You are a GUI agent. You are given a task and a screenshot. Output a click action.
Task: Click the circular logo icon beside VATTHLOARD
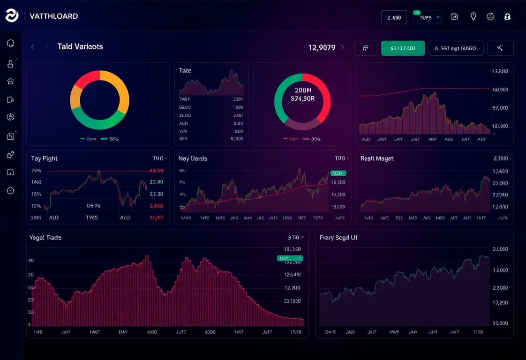(x=12, y=15)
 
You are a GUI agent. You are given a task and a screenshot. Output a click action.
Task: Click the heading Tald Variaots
(x=80, y=47)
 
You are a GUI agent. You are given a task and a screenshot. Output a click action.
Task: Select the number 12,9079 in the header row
(x=322, y=47)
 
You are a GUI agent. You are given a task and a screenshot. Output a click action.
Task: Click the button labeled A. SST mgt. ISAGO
(x=456, y=48)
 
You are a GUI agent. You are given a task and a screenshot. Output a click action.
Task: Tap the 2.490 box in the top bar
(x=394, y=17)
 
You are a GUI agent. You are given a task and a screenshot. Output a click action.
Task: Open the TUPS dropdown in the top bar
(x=427, y=17)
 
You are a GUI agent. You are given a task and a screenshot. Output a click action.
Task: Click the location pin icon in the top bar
(x=473, y=16)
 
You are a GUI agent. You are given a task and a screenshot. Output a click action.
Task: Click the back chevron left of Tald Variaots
(x=33, y=47)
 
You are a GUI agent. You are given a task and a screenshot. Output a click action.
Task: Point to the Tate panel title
(x=185, y=70)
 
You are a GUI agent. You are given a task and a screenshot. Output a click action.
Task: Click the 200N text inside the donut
(x=302, y=90)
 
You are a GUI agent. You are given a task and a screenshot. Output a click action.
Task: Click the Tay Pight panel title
(x=45, y=158)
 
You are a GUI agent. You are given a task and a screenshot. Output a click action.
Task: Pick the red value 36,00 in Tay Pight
(x=156, y=171)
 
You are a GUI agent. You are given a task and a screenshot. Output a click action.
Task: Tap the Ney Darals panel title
(x=193, y=158)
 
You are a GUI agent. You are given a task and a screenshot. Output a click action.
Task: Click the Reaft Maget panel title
(x=377, y=158)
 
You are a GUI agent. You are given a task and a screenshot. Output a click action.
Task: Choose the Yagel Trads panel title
(x=45, y=238)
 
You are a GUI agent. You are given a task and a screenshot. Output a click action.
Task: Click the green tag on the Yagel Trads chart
(x=290, y=258)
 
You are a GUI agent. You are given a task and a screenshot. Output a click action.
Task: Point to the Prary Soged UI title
(x=338, y=238)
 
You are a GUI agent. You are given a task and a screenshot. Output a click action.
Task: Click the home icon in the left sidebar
(x=11, y=81)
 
